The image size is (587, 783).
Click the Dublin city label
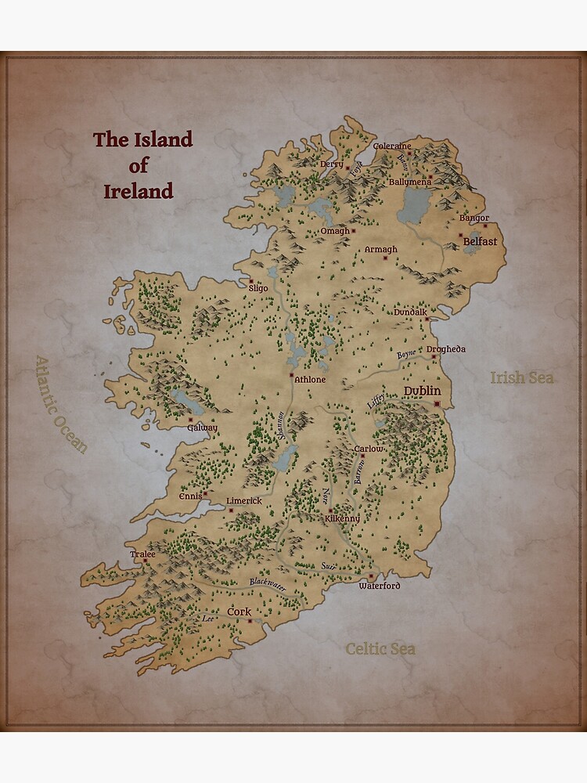coord(422,391)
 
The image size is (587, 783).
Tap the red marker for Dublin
coord(437,404)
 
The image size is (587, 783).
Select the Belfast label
coord(480,242)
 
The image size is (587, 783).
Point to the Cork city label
coord(239,611)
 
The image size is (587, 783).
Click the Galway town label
coord(202,428)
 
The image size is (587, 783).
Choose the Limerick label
coord(244,500)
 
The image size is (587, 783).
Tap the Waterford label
coord(380,586)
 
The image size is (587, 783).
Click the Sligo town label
coord(258,288)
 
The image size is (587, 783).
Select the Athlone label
coord(308,380)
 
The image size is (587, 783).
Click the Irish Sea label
coord(522,377)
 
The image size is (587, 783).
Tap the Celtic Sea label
coord(380,648)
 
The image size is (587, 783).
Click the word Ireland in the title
coord(139,191)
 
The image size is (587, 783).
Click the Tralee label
coord(142,554)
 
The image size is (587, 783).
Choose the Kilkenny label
coord(342,518)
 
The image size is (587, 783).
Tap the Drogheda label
coord(446,348)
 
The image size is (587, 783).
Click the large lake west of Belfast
coord(414,206)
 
